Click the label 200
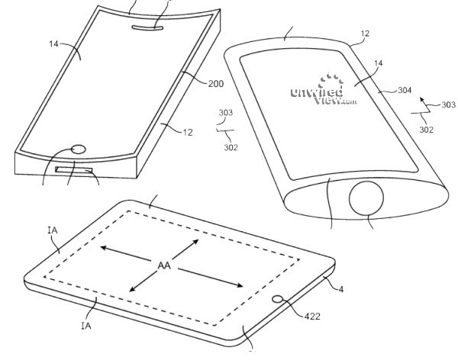pos(215,84)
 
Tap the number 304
pos(405,90)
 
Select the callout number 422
pos(312,317)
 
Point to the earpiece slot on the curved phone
pos(147,27)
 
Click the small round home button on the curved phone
pos(79,149)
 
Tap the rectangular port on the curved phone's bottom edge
pos(74,170)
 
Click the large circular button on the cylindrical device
pos(366,198)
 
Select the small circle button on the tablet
pos(278,299)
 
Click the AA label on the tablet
pos(164,265)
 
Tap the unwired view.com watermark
pos(324,90)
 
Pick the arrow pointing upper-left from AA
pos(125,254)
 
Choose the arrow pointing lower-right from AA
pos(211,278)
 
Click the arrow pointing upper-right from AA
pos(185,249)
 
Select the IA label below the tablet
pos(86,325)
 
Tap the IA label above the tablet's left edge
pos(53,230)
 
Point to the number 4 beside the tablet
pos(341,289)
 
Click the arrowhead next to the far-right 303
pos(422,100)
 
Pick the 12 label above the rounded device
pos(365,34)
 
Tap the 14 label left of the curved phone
pos(53,43)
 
